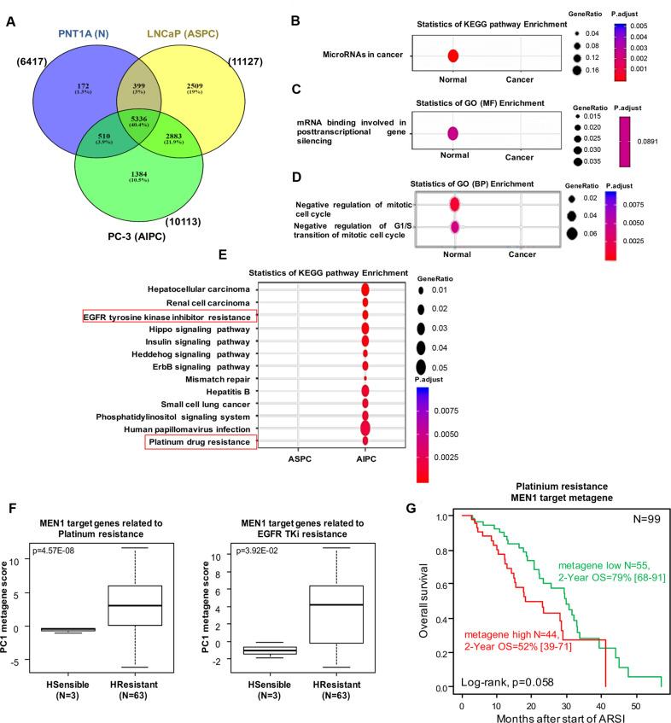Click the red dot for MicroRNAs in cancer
(453, 56)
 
